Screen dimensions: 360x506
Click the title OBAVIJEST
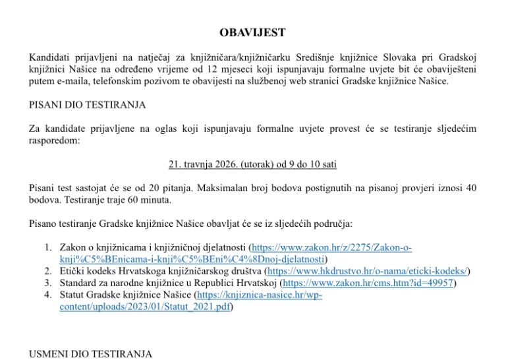(x=252, y=32)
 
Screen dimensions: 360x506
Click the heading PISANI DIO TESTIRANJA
(x=87, y=104)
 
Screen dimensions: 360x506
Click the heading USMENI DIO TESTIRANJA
(x=90, y=354)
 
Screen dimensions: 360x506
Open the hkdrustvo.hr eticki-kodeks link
(x=368, y=271)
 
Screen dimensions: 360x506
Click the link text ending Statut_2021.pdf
(x=145, y=307)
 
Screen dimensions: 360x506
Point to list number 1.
(x=47, y=247)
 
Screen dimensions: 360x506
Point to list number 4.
(x=47, y=295)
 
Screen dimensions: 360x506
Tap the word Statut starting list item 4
(x=72, y=295)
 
